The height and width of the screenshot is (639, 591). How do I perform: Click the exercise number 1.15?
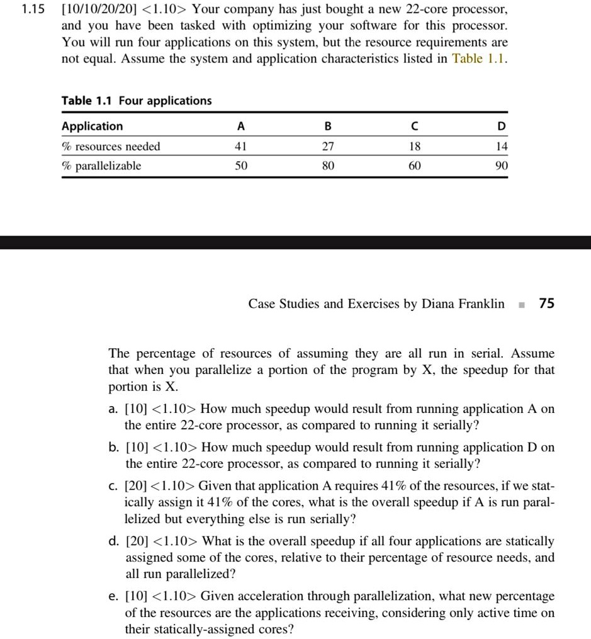(29, 10)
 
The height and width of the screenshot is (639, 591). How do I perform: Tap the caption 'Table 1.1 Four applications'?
(137, 101)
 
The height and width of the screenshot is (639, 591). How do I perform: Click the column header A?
(240, 127)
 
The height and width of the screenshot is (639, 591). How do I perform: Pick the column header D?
(501, 127)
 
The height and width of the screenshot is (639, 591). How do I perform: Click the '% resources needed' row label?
(111, 147)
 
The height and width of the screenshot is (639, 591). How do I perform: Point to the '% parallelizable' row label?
(101, 166)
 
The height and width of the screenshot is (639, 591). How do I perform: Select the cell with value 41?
(240, 147)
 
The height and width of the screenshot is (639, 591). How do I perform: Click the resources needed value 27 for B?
(328, 147)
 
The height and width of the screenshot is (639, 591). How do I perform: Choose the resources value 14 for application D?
(501, 147)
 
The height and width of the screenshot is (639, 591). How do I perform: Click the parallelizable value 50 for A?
(240, 166)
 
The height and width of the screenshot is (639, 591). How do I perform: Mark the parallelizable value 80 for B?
(328, 166)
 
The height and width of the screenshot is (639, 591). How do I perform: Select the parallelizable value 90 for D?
(501, 166)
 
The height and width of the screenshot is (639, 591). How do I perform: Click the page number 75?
(547, 304)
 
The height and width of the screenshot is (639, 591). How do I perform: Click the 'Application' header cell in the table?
(93, 127)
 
